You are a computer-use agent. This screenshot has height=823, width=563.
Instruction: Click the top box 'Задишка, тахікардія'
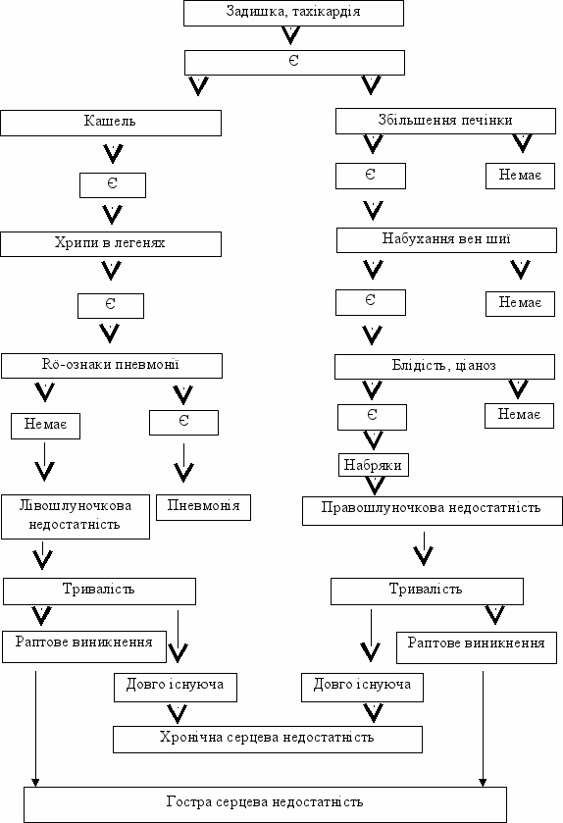[x=293, y=13]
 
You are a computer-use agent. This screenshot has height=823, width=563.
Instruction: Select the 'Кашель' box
[x=111, y=123]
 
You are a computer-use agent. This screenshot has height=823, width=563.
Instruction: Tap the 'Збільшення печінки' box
[x=445, y=122]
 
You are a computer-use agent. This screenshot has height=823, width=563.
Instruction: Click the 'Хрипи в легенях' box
[x=111, y=244]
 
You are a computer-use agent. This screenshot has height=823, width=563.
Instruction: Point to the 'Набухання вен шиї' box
[x=446, y=240]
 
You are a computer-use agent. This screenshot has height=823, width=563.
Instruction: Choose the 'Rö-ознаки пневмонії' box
[x=112, y=366]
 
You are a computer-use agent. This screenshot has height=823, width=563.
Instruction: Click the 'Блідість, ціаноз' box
[x=445, y=367]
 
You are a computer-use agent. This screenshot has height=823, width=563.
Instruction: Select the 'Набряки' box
[x=373, y=465]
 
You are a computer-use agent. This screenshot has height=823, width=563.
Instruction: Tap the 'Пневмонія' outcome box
[x=204, y=507]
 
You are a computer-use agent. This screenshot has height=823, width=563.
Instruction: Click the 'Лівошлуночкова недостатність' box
[x=76, y=517]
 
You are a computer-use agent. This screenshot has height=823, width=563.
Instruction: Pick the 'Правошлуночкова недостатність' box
[x=433, y=511]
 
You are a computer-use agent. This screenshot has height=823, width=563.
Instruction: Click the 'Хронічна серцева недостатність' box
[x=268, y=740]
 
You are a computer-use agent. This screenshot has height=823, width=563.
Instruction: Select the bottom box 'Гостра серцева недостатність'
[x=266, y=804]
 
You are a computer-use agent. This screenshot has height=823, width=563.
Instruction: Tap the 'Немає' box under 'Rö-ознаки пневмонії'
[x=46, y=426]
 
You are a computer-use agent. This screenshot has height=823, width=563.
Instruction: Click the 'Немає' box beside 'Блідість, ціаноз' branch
[x=519, y=416]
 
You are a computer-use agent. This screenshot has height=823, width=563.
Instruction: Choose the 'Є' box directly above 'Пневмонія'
[x=183, y=423]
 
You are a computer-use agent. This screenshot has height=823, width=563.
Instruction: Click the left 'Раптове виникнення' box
[x=84, y=646]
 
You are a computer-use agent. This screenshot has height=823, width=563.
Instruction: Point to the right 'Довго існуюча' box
[x=362, y=688]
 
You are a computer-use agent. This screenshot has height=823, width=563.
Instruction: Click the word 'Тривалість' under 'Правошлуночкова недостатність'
[x=426, y=589]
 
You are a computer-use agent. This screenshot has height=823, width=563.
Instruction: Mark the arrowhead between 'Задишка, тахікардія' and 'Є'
[x=290, y=35]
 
